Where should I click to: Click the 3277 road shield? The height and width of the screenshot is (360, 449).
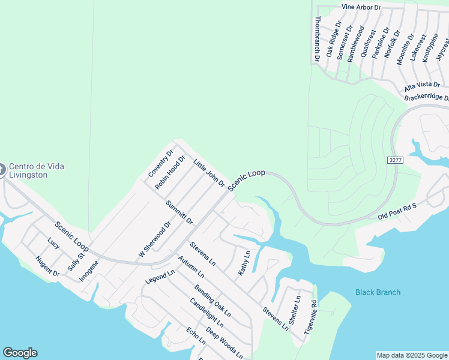(394, 160)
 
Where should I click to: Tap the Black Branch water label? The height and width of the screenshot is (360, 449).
(378, 293)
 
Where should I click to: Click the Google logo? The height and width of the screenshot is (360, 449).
(20, 353)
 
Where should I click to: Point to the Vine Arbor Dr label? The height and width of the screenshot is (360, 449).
(361, 7)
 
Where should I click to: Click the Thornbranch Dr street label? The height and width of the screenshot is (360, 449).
(317, 39)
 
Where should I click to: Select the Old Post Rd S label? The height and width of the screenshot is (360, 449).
(397, 211)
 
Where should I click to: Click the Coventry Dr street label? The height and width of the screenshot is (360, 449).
(160, 163)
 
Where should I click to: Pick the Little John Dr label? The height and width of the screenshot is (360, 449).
(209, 173)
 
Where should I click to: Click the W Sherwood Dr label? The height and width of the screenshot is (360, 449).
(155, 239)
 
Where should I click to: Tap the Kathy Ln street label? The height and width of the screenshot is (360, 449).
(243, 264)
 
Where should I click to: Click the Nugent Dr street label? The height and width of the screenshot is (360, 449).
(47, 266)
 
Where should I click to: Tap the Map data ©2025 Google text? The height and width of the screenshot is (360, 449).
(411, 355)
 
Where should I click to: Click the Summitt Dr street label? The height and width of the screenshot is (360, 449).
(179, 212)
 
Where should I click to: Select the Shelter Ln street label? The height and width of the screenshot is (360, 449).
(294, 312)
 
